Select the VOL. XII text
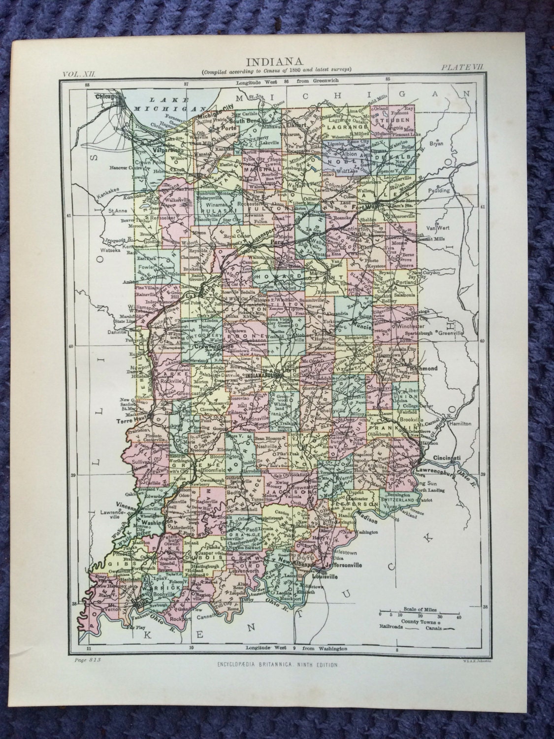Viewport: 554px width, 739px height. [x=81, y=73]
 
